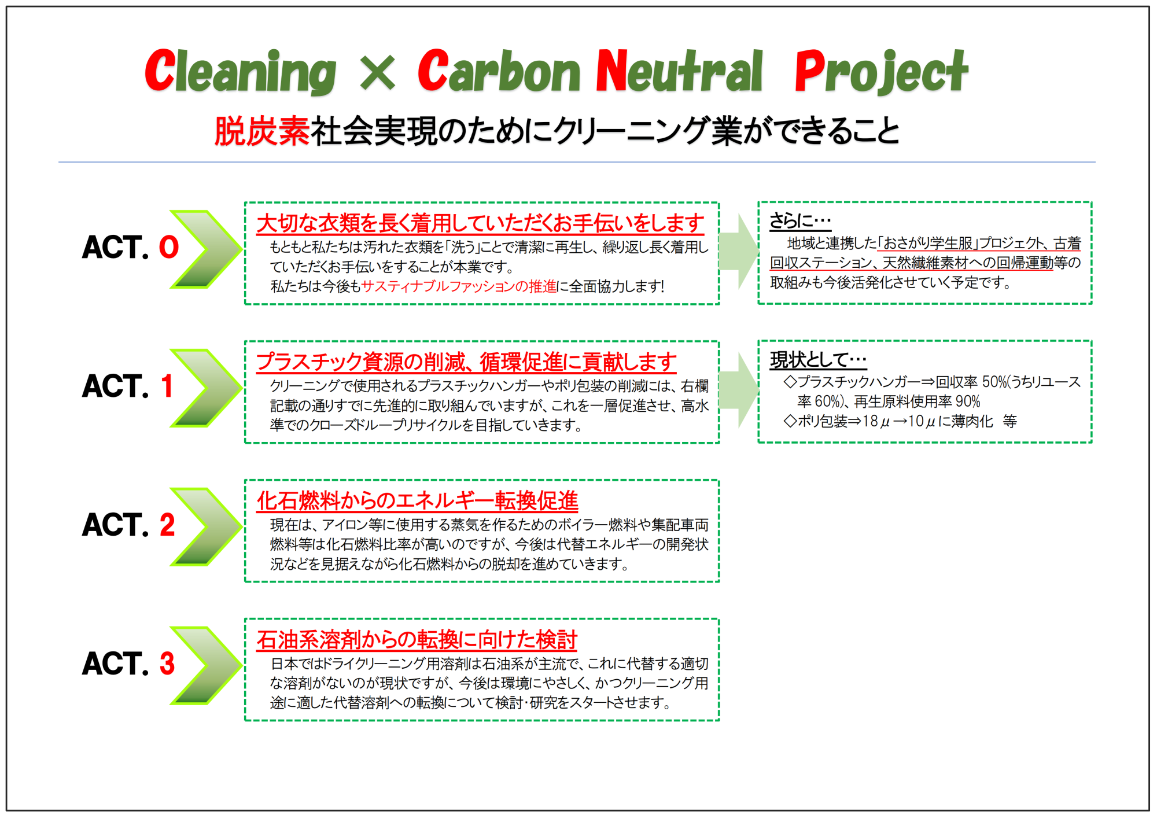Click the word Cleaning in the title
pyautogui.click(x=240, y=72)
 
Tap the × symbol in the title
pyautogui.click(x=377, y=73)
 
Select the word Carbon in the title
pyautogui.click(x=499, y=71)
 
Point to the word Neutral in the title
pyautogui.click(x=679, y=71)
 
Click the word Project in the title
pyautogui.click(x=880, y=72)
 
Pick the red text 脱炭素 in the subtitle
pyautogui.click(x=262, y=131)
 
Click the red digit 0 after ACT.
pyautogui.click(x=169, y=247)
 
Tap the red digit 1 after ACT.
pyautogui.click(x=167, y=386)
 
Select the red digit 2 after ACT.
pyautogui.click(x=167, y=525)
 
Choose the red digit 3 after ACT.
pyautogui.click(x=167, y=664)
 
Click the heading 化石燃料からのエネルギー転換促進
pyautogui.click(x=417, y=501)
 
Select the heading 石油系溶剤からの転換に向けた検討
pyautogui.click(x=417, y=640)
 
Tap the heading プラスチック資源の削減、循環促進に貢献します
pyautogui.click(x=466, y=362)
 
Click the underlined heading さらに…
pyautogui.click(x=800, y=220)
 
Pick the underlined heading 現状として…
pyautogui.click(x=818, y=359)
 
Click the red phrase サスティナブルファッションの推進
pyautogui.click(x=459, y=286)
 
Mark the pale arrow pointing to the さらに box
pyautogui.click(x=739, y=251)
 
